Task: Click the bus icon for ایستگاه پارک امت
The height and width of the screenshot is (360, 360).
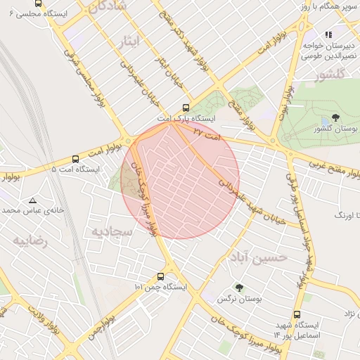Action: (186, 108)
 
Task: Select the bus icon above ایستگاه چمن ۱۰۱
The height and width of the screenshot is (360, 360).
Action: (161, 276)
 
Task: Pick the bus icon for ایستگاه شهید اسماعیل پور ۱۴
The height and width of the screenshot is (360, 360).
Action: (297, 315)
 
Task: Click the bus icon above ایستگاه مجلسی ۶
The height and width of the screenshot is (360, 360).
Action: (38, 4)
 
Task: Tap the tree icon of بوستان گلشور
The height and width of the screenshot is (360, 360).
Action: (335, 118)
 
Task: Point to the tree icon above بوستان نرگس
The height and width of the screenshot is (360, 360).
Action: (240, 288)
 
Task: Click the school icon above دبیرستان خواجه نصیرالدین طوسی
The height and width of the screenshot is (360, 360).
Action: (328, 34)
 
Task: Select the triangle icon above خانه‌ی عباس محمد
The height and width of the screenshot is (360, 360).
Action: (32, 200)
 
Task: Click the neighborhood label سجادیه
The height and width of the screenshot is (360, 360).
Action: (112, 231)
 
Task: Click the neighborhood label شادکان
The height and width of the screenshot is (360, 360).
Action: (109, 6)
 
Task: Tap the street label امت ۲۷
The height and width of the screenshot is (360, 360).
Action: (207, 133)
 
